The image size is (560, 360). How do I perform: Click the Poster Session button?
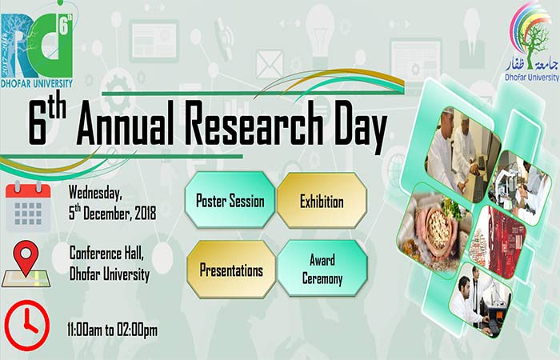pyautogui.click(x=230, y=200)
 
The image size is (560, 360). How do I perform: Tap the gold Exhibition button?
pyautogui.click(x=322, y=201)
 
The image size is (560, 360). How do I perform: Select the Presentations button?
pyautogui.click(x=231, y=270)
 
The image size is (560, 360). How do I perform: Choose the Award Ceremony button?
pyautogui.click(x=322, y=269)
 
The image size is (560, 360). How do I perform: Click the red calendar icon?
pyautogui.click(x=28, y=206)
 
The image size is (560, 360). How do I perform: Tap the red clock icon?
pyautogui.click(x=27, y=325)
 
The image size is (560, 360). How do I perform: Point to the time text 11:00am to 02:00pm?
pyautogui.click(x=113, y=330)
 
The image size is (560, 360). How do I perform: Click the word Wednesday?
pyautogui.click(x=95, y=193)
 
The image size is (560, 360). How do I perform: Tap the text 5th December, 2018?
pyautogui.click(x=113, y=214)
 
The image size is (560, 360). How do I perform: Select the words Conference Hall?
pyautogui.click(x=106, y=254)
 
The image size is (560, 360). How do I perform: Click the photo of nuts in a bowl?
pyautogui.click(x=434, y=230)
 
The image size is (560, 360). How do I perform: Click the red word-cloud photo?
pyautogui.click(x=497, y=242)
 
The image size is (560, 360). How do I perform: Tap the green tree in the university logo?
pyautogui.click(x=532, y=45)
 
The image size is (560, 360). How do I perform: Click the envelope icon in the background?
pyautogui.click(x=270, y=64)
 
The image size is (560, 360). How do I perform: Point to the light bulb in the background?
pyautogui.click(x=320, y=33)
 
